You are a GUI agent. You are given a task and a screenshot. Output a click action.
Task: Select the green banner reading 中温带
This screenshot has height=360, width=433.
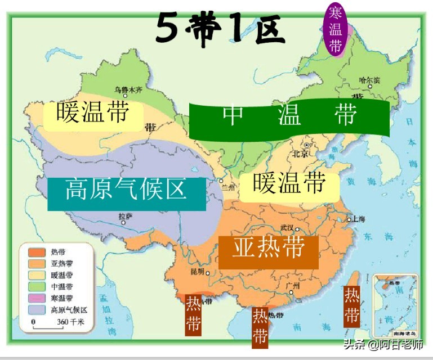pyautogui.click(x=289, y=117)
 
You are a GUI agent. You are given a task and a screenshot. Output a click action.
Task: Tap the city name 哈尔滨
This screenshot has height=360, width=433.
pyautogui.click(x=369, y=80)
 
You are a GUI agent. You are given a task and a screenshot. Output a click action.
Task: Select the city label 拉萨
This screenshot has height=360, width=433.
pyautogui.click(x=126, y=217)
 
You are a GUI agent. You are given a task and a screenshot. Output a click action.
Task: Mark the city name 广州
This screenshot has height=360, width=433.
pyautogui.click(x=293, y=286)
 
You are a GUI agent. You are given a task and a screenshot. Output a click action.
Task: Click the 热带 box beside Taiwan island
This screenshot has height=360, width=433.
pyautogui.click(x=352, y=305)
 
